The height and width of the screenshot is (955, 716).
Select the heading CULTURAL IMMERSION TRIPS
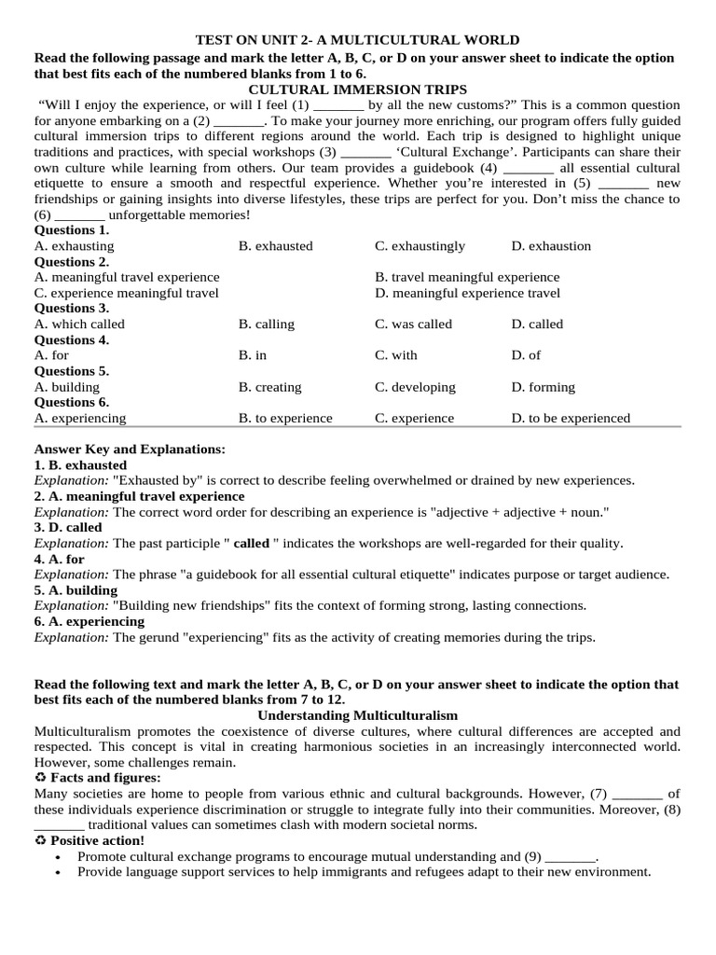[357, 89]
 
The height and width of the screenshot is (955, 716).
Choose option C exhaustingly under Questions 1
[420, 246]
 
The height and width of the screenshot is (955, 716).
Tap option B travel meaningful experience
[467, 277]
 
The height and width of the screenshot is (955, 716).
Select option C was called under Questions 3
[413, 325]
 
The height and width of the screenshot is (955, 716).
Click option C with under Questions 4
[396, 355]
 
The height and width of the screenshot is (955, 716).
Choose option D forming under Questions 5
[544, 387]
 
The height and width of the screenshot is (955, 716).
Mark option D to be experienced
[571, 419]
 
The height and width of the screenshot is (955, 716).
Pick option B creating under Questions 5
[269, 387]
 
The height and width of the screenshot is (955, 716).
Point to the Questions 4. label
[72, 340]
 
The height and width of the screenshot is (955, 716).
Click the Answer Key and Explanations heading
[130, 450]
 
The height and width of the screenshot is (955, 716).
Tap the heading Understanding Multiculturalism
[357, 715]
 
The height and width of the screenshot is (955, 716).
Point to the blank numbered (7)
[638, 794]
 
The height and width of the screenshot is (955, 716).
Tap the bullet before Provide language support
[60, 872]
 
